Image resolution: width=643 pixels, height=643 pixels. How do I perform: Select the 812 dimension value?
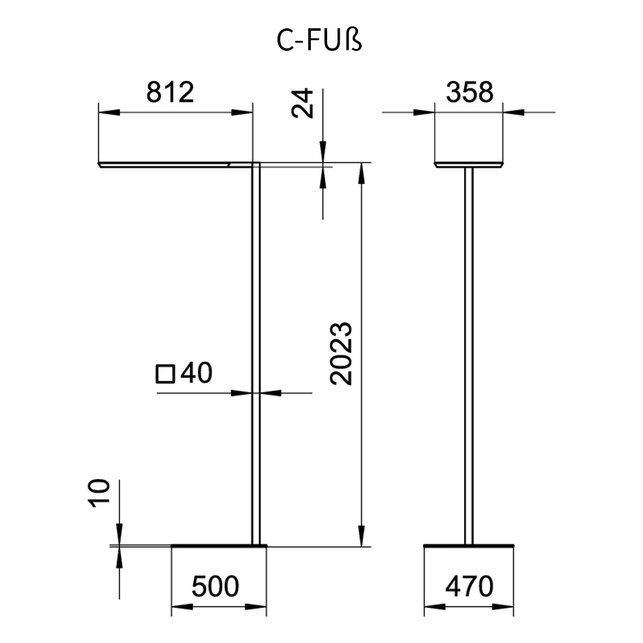pyautogui.click(x=169, y=92)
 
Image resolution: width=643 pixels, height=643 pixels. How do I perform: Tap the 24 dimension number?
pyautogui.click(x=302, y=103)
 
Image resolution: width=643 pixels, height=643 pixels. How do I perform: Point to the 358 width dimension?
pyautogui.click(x=470, y=92)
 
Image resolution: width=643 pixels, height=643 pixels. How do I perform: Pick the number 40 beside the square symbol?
pyautogui.click(x=197, y=374)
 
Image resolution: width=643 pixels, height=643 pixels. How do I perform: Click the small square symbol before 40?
pyautogui.click(x=165, y=374)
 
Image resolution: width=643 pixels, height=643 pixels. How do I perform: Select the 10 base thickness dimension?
pyautogui.click(x=99, y=494)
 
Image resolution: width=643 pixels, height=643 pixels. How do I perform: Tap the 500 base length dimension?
pyautogui.click(x=215, y=586)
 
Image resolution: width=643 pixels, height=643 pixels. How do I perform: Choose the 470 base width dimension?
pyautogui.click(x=470, y=586)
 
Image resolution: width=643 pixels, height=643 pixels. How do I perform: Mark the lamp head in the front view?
pyautogui.click(x=470, y=165)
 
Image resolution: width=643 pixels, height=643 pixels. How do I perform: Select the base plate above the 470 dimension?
pyautogui.click(x=470, y=545)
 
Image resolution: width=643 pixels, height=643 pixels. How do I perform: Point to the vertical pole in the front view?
pyautogui.click(x=468, y=352)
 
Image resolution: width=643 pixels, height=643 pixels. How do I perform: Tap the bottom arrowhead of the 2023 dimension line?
pyautogui.click(x=361, y=537)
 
